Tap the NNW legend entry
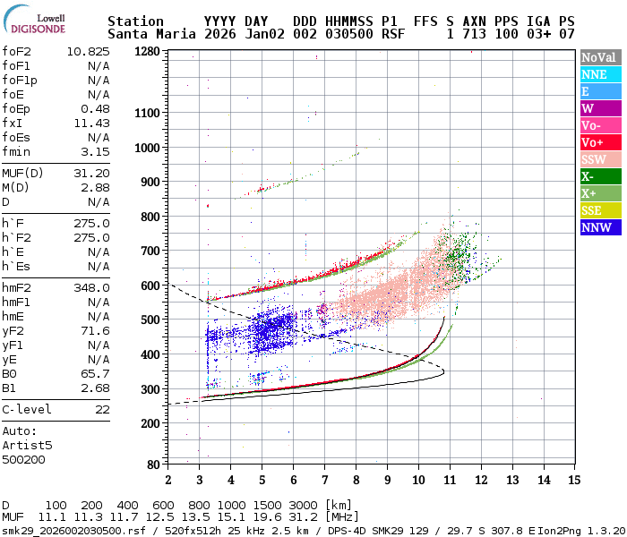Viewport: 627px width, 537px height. click(597, 227)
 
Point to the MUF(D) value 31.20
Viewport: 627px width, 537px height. click(91, 173)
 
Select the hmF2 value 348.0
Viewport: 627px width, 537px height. click(91, 287)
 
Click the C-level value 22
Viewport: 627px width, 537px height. click(102, 409)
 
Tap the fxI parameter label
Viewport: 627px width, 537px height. click(13, 123)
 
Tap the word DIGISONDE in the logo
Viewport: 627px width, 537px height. click(38, 29)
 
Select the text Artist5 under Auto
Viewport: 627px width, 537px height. click(28, 445)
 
